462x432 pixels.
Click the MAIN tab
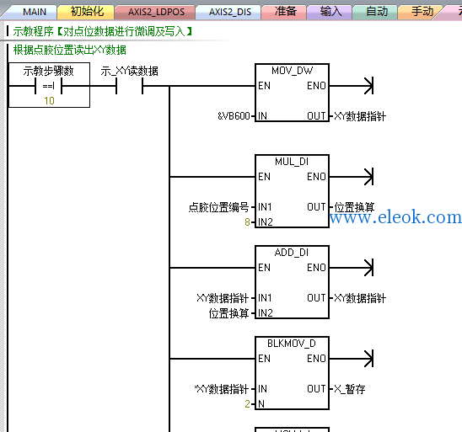pyautogui.click(x=35, y=12)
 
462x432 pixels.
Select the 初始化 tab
pyautogui.click(x=87, y=12)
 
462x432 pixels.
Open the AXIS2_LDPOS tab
pyautogui.click(x=156, y=12)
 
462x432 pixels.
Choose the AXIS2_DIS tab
pyautogui.click(x=230, y=12)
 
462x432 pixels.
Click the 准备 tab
pyautogui.click(x=285, y=12)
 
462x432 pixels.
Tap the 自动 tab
pyautogui.click(x=377, y=12)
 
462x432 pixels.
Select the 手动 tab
pyautogui.click(x=422, y=12)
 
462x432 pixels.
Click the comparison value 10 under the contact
pyautogui.click(x=49, y=101)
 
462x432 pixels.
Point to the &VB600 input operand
pyautogui.click(x=234, y=116)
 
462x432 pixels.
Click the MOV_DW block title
pyautogui.click(x=292, y=71)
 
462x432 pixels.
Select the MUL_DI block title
pyautogui.click(x=292, y=162)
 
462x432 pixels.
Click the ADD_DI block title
pyautogui.click(x=292, y=253)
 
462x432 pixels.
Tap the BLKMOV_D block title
pyautogui.click(x=292, y=344)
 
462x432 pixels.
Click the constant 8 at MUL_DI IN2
pyautogui.click(x=247, y=221)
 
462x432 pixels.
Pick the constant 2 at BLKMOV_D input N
pyautogui.click(x=247, y=403)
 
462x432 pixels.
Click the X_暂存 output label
pyautogui.click(x=350, y=389)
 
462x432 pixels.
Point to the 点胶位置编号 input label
pyautogui.click(x=218, y=207)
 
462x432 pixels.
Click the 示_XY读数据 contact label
pyautogui.click(x=129, y=71)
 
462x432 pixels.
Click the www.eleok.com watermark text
pyautogui.click(x=395, y=217)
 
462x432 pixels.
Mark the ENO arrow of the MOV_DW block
pyautogui.click(x=352, y=86)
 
